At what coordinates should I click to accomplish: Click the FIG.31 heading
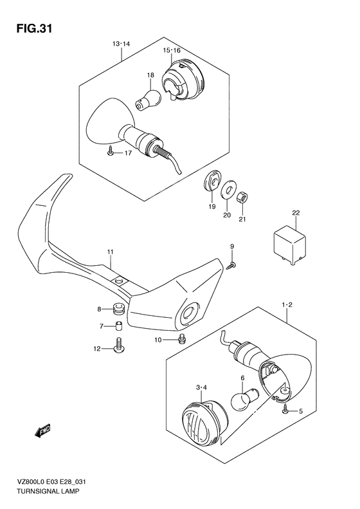pyautogui.click(x=34, y=28)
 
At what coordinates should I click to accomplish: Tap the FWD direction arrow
pyautogui.click(x=42, y=430)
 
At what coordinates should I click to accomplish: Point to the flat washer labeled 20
pyautogui.click(x=229, y=189)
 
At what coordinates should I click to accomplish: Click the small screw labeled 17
pyautogui.click(x=111, y=151)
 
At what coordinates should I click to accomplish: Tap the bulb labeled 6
pyautogui.click(x=244, y=399)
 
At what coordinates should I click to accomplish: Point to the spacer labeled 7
pyautogui.click(x=120, y=325)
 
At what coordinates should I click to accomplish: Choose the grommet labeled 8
pyautogui.click(x=120, y=310)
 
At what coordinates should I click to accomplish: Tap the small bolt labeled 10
pyautogui.click(x=183, y=340)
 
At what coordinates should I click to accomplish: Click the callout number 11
pyautogui.click(x=111, y=252)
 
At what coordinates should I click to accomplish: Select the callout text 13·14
pyautogui.click(x=121, y=44)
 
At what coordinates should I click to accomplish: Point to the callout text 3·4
pyautogui.click(x=201, y=387)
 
